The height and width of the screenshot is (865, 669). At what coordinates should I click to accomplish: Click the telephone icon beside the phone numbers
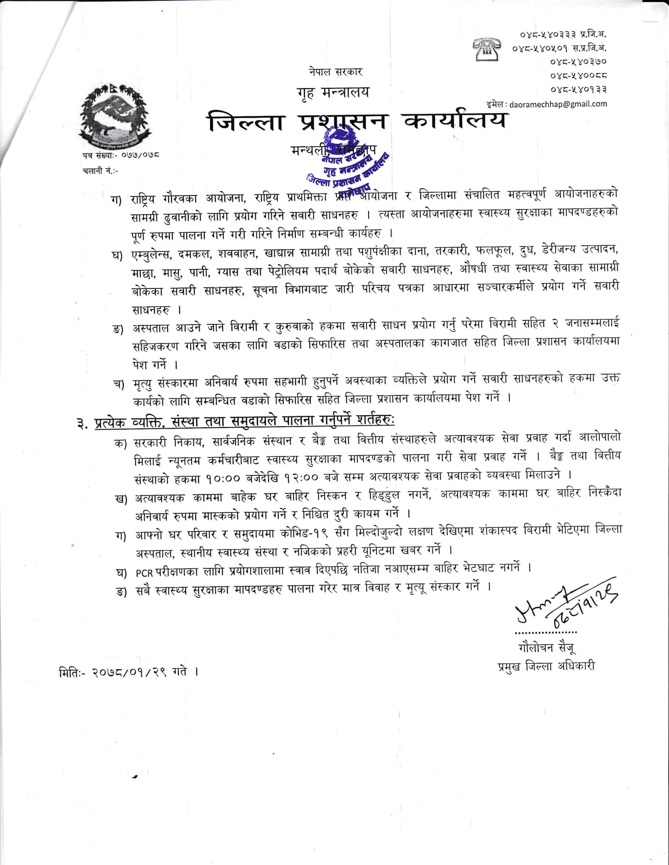pyautogui.click(x=486, y=49)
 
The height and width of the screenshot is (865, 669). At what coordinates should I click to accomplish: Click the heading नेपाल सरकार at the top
pyautogui.click(x=335, y=72)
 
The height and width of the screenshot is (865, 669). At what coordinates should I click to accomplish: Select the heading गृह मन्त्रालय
pyautogui.click(x=333, y=93)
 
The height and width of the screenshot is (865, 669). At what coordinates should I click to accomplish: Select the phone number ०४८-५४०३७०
pyautogui.click(x=578, y=61)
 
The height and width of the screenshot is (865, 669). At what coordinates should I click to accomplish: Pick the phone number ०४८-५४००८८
pyautogui.click(x=578, y=75)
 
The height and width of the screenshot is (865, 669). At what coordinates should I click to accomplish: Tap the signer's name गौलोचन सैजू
pyautogui.click(x=546, y=648)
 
